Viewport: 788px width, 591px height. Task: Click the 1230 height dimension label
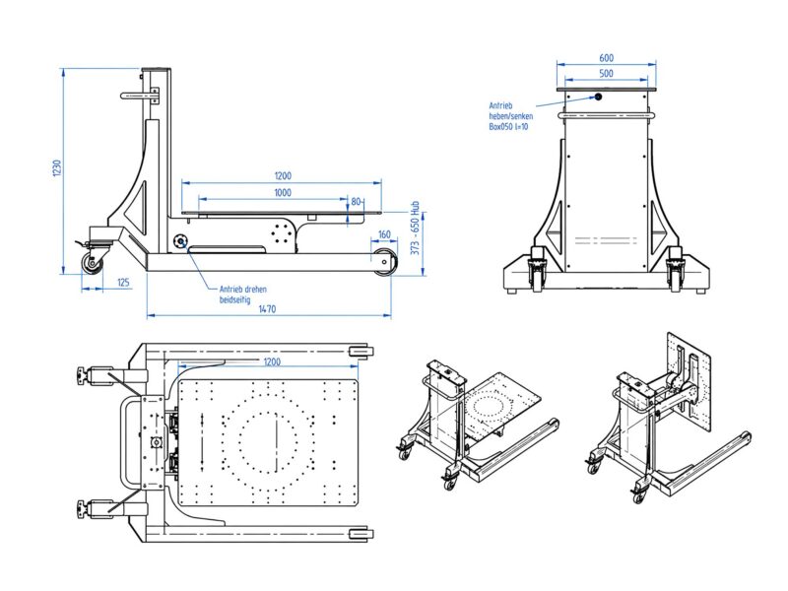(x=57, y=167)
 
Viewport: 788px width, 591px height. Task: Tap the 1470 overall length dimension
(x=267, y=309)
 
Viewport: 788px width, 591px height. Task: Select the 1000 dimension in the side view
(x=283, y=192)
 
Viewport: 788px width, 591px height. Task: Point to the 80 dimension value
(x=357, y=202)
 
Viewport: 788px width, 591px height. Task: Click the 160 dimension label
(x=384, y=234)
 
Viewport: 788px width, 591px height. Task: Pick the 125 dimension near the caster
(x=124, y=283)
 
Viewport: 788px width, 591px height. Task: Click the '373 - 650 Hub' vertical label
(x=415, y=229)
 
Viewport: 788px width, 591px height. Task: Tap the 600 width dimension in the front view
(x=607, y=58)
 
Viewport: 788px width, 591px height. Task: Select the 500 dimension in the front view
(x=607, y=73)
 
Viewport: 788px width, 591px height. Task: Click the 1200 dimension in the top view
(x=272, y=361)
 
